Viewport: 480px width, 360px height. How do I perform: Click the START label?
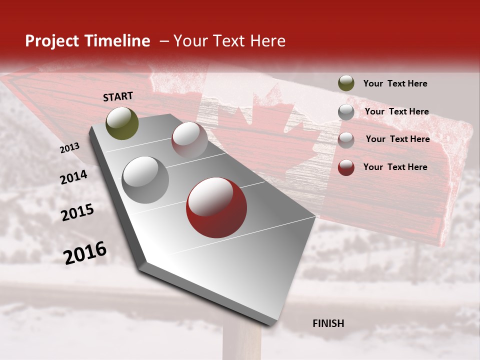118,96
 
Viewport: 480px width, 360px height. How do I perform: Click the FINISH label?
328,323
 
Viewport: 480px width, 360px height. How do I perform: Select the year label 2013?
69,148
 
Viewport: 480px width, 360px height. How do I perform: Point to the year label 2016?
85,253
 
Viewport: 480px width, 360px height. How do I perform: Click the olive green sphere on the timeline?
122,123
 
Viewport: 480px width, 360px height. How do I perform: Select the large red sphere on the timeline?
216,207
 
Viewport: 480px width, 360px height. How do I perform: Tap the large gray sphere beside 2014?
145,180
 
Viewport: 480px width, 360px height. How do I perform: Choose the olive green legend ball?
346,83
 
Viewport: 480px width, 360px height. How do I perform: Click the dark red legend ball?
346,167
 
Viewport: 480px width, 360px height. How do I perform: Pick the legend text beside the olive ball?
395,84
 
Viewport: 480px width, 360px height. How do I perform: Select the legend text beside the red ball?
395,167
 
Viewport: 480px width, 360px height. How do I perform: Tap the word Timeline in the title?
117,41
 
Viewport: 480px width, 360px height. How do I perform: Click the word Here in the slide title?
267,41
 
